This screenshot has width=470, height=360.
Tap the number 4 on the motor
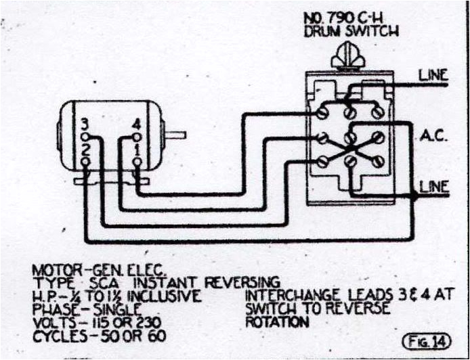pos(137,124)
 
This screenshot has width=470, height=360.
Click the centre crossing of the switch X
pos(349,146)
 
